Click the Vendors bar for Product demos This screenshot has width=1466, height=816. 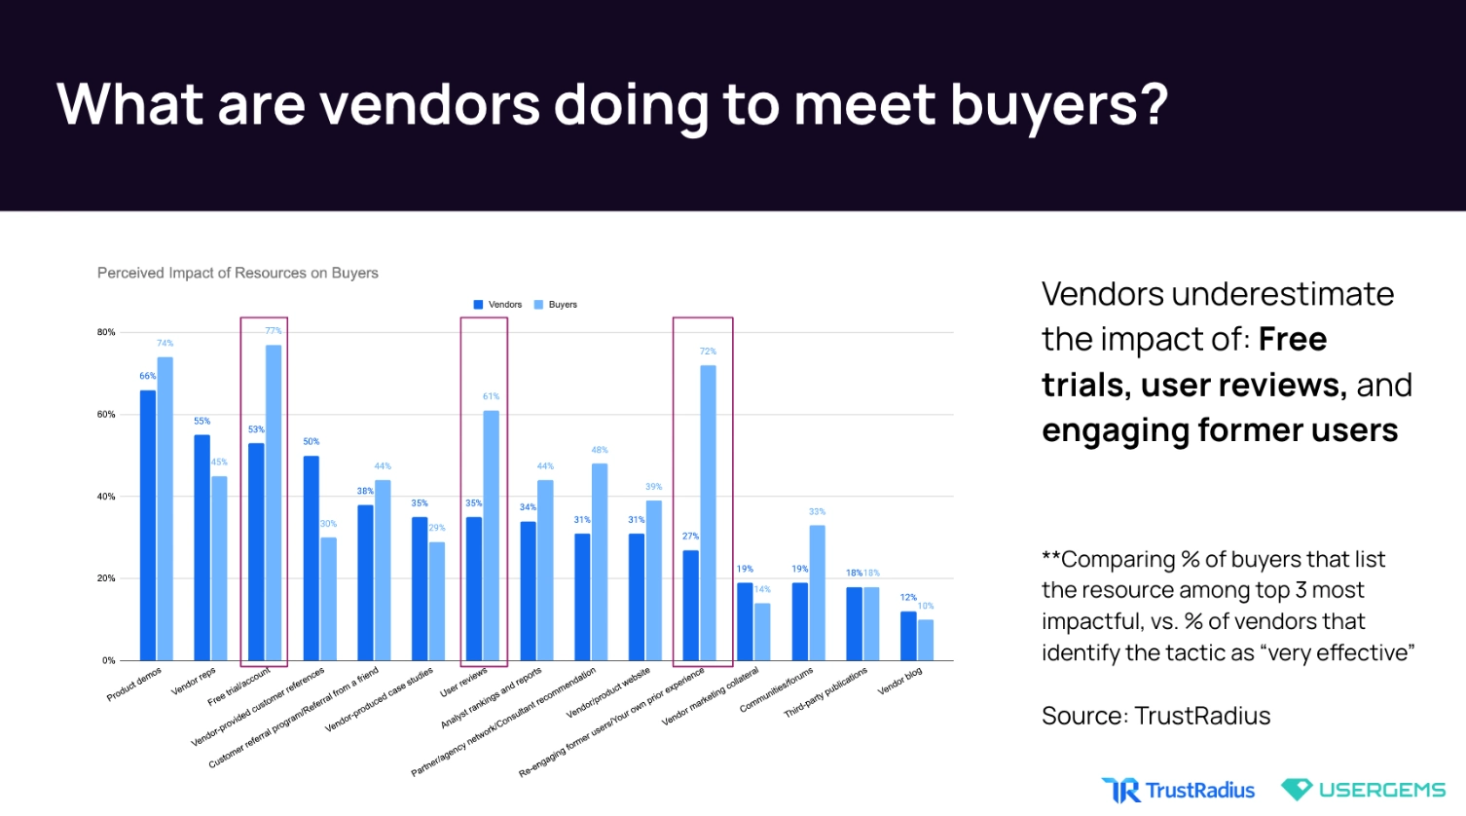(148, 526)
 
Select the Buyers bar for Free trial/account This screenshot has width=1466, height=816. (274, 502)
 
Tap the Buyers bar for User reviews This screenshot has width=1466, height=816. (492, 536)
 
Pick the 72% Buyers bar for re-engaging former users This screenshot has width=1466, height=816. (708, 513)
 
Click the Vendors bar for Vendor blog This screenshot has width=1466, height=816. (908, 636)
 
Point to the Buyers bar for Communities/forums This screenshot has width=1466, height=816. (817, 593)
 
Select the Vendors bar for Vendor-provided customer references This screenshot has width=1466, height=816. (312, 558)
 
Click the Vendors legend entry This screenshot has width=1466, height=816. (497, 305)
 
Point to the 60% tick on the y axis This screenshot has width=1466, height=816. (106, 415)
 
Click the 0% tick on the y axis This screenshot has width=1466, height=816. (109, 660)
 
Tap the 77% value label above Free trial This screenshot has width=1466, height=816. (274, 331)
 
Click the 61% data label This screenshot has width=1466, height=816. (492, 396)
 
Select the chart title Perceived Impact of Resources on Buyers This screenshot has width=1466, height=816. (238, 273)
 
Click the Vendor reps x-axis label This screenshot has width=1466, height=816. (194, 681)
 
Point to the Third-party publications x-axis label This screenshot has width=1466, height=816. (825, 692)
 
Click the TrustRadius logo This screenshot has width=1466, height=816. (1178, 790)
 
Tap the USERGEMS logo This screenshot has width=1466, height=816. (1363, 790)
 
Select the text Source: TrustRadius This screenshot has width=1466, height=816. (1155, 716)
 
